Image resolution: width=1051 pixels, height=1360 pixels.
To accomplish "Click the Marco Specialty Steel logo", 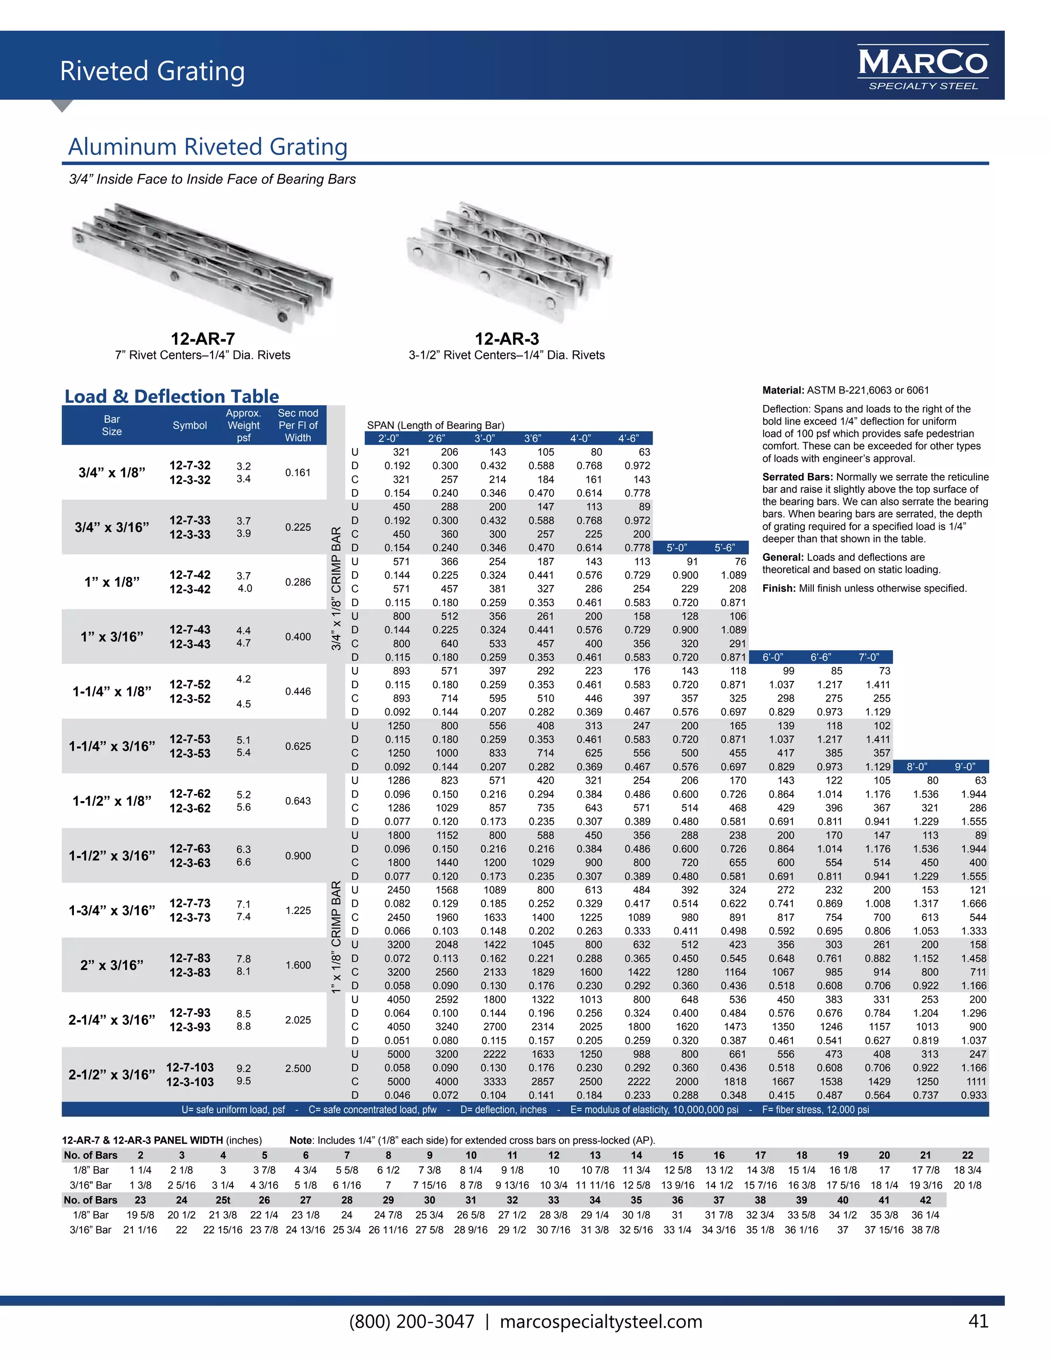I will pyautogui.click(x=923, y=67).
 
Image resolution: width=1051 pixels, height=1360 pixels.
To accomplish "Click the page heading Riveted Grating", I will pyautogui.click(x=152, y=71).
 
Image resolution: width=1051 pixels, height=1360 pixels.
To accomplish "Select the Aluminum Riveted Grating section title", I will pyautogui.click(x=207, y=147).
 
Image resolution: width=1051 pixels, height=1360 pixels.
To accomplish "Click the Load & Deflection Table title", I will pyautogui.click(x=172, y=396).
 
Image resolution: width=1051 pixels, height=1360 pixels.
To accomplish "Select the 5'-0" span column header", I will pyautogui.click(x=676, y=548).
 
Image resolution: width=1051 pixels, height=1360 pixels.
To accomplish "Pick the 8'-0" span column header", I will pyautogui.click(x=917, y=767).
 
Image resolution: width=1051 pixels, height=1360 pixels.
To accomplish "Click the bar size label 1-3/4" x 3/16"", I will pyautogui.click(x=112, y=910).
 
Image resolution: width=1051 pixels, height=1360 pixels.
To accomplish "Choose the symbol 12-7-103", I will pyautogui.click(x=190, y=1067).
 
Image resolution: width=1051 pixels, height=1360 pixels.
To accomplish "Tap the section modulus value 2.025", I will pyautogui.click(x=298, y=1020).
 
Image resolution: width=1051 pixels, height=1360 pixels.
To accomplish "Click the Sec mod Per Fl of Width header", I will pyautogui.click(x=298, y=425).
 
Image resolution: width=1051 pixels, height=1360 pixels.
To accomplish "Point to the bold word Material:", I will pyautogui.click(x=783, y=391).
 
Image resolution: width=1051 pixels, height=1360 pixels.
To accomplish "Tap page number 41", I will pyautogui.click(x=978, y=1321).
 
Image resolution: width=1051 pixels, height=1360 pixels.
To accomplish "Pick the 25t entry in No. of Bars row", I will pyautogui.click(x=223, y=1200).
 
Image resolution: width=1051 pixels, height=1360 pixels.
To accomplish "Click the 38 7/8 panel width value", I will pyautogui.click(x=925, y=1230).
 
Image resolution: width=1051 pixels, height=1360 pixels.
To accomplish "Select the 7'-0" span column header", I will pyautogui.click(x=869, y=657).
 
